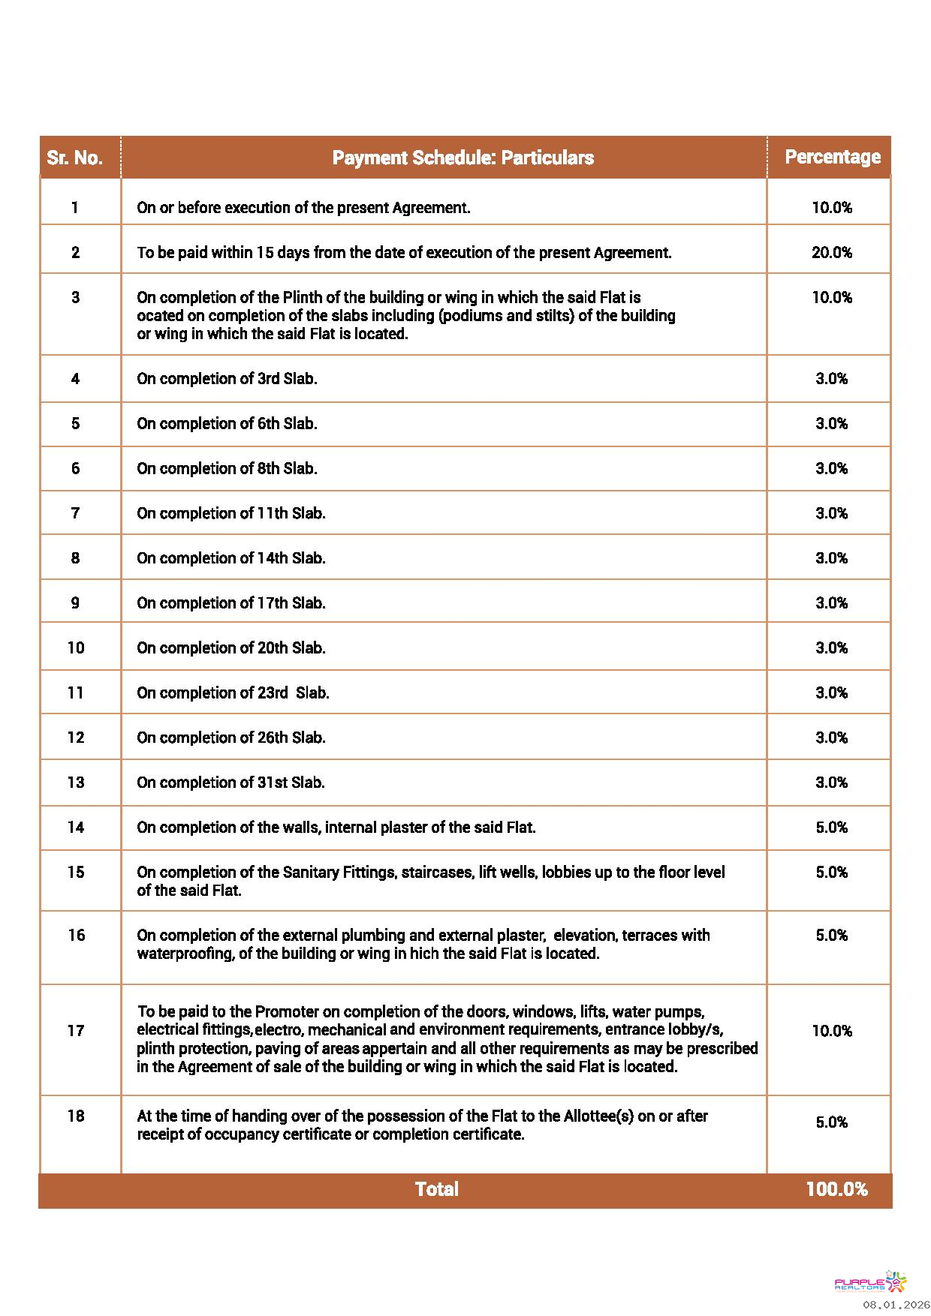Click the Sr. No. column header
click(74, 158)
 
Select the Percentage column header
click(832, 157)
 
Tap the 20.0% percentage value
click(831, 252)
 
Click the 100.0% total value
click(836, 1188)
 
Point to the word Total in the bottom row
click(436, 1188)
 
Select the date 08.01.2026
click(896, 1305)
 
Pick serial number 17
click(76, 1030)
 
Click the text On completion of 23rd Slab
click(233, 693)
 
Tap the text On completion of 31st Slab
click(230, 782)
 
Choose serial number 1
click(75, 207)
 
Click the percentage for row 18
click(831, 1122)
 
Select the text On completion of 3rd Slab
click(227, 378)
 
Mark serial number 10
click(76, 647)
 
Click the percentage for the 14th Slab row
click(831, 557)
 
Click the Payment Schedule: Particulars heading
click(462, 158)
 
